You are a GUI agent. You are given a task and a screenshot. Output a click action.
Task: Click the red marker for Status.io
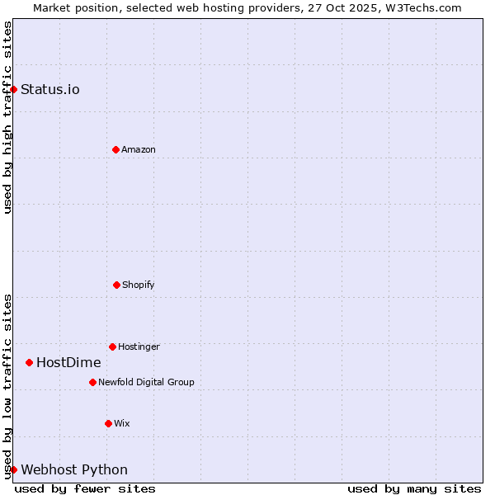[x=14, y=89]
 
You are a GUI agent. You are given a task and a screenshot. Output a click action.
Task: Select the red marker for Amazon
[x=115, y=149]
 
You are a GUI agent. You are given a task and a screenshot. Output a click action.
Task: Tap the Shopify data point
[x=116, y=285]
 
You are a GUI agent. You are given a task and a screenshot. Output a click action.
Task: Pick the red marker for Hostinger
[x=112, y=346]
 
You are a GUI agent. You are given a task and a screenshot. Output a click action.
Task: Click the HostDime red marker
[x=29, y=362]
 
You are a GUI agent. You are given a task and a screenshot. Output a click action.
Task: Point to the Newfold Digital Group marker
[x=92, y=382]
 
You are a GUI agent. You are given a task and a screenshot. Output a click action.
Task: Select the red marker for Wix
[x=108, y=423]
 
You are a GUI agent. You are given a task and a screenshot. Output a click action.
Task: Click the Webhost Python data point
[x=14, y=469]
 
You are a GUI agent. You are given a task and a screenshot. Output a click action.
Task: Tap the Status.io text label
[x=50, y=89]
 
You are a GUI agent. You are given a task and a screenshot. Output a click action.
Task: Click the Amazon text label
[x=139, y=149]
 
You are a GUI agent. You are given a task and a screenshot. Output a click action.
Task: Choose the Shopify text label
[x=139, y=285]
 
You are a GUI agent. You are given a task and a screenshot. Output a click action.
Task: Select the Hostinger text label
[x=139, y=346]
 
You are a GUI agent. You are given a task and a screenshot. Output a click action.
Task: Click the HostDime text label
[x=68, y=362]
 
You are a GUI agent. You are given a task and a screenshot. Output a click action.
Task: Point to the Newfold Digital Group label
[x=146, y=382]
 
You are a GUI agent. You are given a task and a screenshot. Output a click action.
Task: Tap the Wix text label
[x=122, y=423]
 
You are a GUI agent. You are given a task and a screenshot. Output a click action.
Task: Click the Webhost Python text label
[x=74, y=469]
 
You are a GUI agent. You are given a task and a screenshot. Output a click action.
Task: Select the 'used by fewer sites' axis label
[x=85, y=488]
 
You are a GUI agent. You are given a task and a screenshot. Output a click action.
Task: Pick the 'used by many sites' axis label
[x=414, y=488]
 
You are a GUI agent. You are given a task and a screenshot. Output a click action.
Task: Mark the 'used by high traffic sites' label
[x=7, y=117]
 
